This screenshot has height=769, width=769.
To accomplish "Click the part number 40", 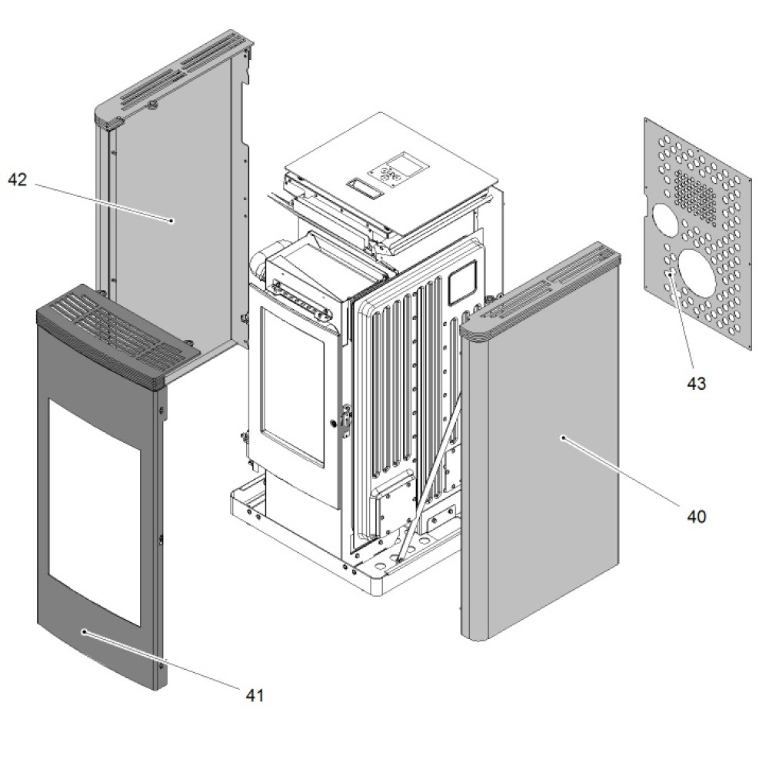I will tap(696, 517).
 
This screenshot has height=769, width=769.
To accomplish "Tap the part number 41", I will tap(255, 695).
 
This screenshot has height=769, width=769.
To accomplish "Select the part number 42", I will tap(18, 180).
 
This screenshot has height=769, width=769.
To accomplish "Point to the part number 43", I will tap(696, 384).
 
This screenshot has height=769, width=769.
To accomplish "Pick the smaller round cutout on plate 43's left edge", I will tap(664, 220).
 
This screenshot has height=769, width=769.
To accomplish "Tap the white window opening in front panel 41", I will tap(94, 508).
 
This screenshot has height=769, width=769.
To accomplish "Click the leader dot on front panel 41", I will tap(83, 631).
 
